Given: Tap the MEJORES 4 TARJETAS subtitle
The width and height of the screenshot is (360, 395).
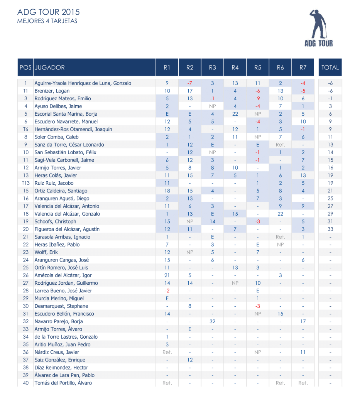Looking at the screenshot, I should pyautogui.click(x=47, y=21).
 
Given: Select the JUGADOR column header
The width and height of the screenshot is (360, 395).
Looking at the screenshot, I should pyautogui.click(x=50, y=68).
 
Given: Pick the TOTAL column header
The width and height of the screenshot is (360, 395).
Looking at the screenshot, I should pyautogui.click(x=330, y=68).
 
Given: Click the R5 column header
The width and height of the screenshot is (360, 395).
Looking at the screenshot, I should pyautogui.click(x=258, y=68).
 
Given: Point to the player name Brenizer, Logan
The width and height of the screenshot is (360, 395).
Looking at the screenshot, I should pyautogui.click(x=52, y=91).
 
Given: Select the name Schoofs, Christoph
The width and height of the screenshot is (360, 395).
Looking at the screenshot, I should pyautogui.click(x=55, y=221).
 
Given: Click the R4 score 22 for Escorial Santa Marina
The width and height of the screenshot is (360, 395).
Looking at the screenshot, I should pyautogui.click(x=235, y=114).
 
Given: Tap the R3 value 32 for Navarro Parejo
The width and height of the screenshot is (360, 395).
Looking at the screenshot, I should pyautogui.click(x=212, y=321).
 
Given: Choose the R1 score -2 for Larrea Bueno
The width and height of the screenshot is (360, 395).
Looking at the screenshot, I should pyautogui.click(x=167, y=290).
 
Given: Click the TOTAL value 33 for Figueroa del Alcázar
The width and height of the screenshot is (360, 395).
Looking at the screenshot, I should pyautogui.click(x=330, y=229).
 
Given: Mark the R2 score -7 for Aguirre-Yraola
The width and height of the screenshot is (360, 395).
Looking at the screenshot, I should pyautogui.click(x=189, y=83).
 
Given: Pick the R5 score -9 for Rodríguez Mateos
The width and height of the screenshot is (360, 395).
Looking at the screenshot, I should pyautogui.click(x=258, y=98).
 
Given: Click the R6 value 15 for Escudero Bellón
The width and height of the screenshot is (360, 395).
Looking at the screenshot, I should pyautogui.click(x=281, y=314).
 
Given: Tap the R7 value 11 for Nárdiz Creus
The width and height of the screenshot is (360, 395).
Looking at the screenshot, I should pyautogui.click(x=303, y=352).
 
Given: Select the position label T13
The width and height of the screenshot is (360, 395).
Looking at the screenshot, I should pyautogui.click(x=25, y=183).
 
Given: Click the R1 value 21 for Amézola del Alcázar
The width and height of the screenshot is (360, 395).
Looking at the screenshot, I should pyautogui.click(x=167, y=275).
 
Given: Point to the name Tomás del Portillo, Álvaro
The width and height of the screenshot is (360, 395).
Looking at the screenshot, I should pyautogui.click(x=63, y=383).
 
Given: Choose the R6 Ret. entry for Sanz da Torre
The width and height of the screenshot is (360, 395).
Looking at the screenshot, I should pyautogui.click(x=281, y=145).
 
